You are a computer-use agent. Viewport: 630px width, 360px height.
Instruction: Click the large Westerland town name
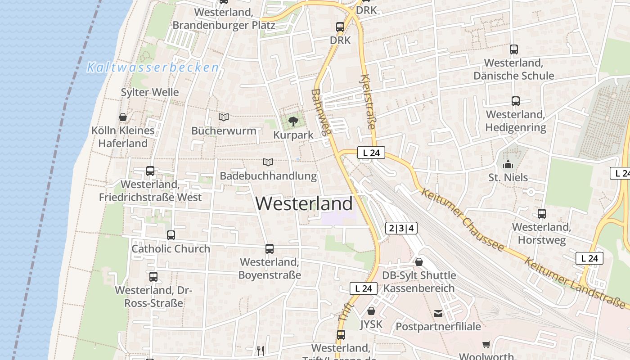click(x=304, y=203)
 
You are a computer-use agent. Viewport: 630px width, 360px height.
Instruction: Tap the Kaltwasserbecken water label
click(x=153, y=67)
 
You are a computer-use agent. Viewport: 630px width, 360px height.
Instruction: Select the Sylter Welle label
click(x=150, y=92)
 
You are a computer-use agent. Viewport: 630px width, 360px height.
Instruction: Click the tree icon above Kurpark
click(x=293, y=121)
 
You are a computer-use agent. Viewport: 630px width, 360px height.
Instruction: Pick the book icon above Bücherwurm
click(x=224, y=117)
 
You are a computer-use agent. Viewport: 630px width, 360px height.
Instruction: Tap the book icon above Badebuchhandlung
click(x=268, y=162)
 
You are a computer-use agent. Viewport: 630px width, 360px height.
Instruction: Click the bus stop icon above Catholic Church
click(x=171, y=235)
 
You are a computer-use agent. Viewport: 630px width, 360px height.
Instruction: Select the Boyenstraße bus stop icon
click(x=270, y=248)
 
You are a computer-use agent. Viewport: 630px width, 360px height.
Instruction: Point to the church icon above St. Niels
click(x=508, y=164)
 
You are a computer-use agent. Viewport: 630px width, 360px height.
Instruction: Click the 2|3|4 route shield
click(x=401, y=228)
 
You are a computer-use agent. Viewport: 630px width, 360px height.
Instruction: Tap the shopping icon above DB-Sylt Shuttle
click(x=419, y=261)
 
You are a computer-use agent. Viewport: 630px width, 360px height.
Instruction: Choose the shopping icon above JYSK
click(x=371, y=310)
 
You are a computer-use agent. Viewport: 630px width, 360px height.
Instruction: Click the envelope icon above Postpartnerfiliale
click(x=438, y=313)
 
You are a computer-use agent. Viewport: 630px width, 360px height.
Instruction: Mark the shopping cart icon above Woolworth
click(x=486, y=344)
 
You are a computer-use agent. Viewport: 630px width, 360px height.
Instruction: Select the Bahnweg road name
click(x=321, y=112)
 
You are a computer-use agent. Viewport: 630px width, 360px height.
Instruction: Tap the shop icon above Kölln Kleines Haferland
click(x=123, y=117)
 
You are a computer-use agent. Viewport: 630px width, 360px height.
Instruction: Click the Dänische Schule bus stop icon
click(x=514, y=49)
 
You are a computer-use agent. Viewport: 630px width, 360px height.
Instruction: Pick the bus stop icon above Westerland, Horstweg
click(x=542, y=214)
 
